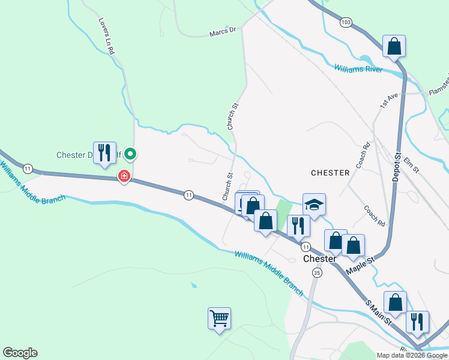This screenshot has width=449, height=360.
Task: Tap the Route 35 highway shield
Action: pyautogui.click(x=317, y=272)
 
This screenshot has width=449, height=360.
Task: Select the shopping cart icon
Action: pyautogui.click(x=219, y=317)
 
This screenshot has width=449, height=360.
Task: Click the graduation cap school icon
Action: pyautogui.click(x=314, y=205)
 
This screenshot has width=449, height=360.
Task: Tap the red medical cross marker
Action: pyautogui.click(x=124, y=176)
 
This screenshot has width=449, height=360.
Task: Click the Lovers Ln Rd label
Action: pyautogui.click(x=107, y=36)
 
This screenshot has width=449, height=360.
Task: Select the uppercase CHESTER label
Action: pyautogui.click(x=330, y=173)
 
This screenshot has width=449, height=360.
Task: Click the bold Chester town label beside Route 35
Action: pyautogui.click(x=319, y=259)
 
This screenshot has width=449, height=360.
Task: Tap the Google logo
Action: pyautogui.click(x=20, y=353)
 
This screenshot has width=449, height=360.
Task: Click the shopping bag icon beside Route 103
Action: pyautogui.click(x=394, y=46)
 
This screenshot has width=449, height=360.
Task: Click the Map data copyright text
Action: pyautogui.click(x=412, y=355)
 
